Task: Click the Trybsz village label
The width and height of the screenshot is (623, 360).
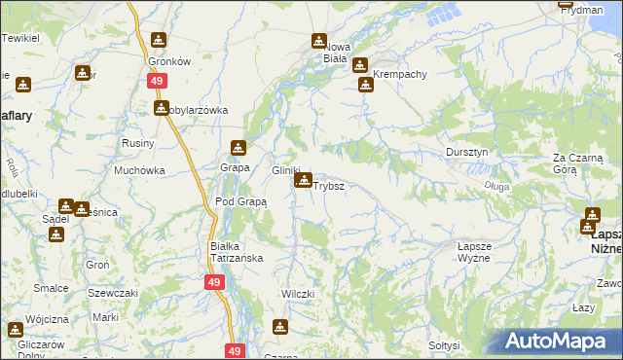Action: (x=328, y=185)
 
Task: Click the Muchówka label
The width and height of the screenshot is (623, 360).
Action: (x=138, y=170)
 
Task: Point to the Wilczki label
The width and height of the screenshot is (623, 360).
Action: (x=297, y=294)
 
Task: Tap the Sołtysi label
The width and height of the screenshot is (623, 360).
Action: (x=443, y=345)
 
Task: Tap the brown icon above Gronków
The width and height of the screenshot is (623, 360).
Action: (x=159, y=41)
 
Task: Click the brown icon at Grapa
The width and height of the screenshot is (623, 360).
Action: (x=238, y=148)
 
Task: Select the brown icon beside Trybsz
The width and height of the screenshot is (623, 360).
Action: (x=305, y=181)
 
